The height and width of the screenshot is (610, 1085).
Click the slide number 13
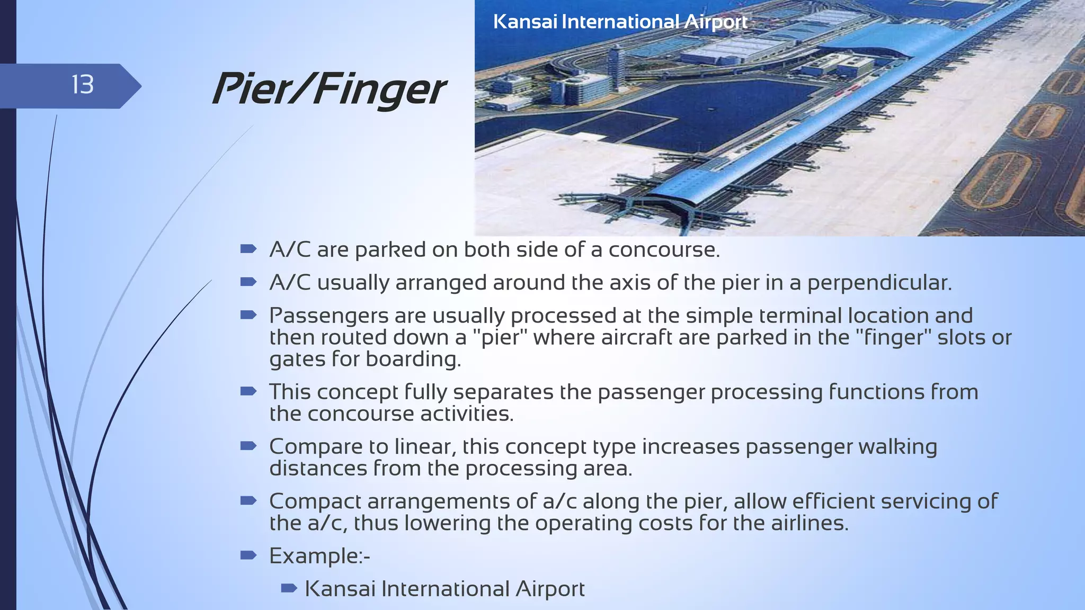click(x=83, y=85)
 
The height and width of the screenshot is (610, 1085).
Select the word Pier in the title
click(x=252, y=89)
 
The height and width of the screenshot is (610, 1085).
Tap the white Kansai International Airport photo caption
click(x=620, y=22)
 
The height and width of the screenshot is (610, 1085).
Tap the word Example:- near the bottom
click(x=319, y=556)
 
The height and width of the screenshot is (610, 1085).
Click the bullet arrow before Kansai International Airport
click(x=289, y=588)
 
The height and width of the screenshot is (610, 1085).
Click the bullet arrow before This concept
click(x=248, y=391)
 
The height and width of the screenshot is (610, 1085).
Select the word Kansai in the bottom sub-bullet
click(x=340, y=589)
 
